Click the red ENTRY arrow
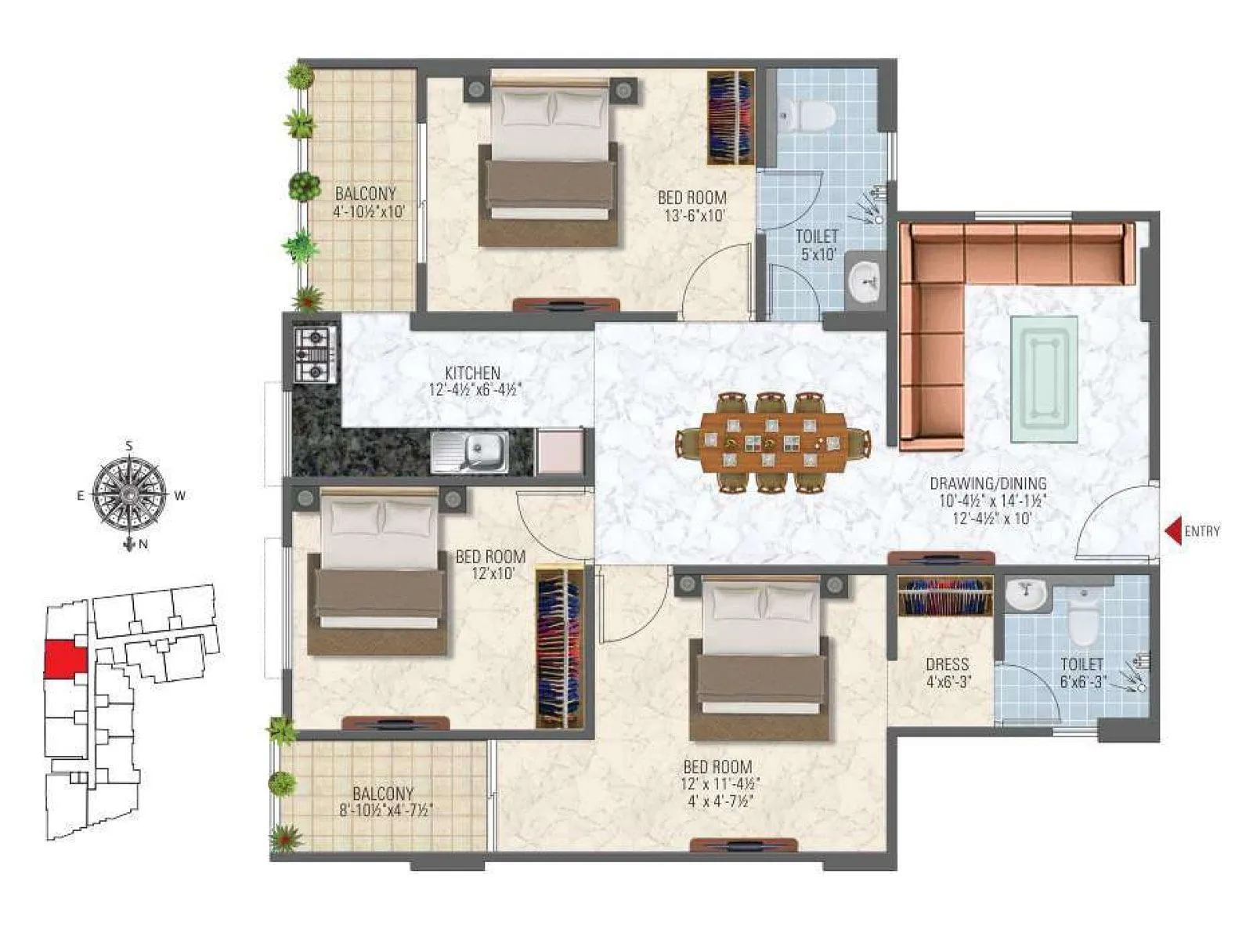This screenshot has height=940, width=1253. tap(1173, 532)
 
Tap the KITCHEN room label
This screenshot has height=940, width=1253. tap(472, 373)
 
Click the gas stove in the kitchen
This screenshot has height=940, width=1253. tap(316, 354)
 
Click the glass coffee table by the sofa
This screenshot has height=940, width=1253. tap(1043, 379)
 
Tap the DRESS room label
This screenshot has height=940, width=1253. tap(947, 664)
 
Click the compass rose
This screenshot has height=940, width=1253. tap(128, 495)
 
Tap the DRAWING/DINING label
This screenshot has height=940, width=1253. tap(988, 484)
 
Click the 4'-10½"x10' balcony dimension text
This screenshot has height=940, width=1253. tap(368, 211)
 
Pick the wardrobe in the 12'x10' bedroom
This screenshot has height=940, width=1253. tap(559, 646)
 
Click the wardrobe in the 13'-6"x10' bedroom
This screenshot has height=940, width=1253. tap(731, 117)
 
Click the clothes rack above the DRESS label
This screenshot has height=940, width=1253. tap(945, 597)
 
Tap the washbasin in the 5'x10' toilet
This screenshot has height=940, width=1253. tap(866, 277)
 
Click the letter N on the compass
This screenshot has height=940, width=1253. tap(143, 546)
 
